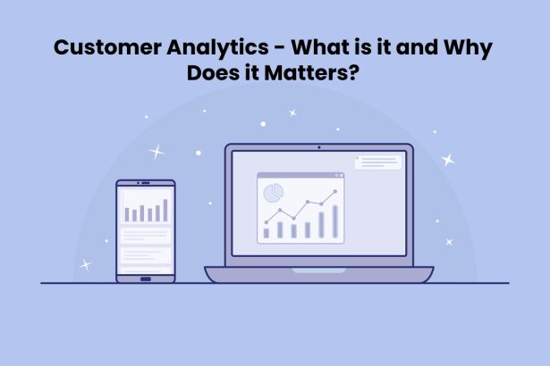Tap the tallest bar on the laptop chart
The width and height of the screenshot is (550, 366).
point(334,221)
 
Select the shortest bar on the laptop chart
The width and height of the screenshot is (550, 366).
point(266,233)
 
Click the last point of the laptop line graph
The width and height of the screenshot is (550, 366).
point(334,191)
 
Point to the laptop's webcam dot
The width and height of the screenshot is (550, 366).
point(319,147)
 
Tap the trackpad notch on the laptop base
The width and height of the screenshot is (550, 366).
point(319,269)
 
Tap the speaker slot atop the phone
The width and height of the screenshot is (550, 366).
point(145,185)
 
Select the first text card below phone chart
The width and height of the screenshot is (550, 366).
point(145,235)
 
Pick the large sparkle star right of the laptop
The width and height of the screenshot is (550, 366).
point(448,160)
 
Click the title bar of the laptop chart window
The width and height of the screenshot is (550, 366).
point(300,176)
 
